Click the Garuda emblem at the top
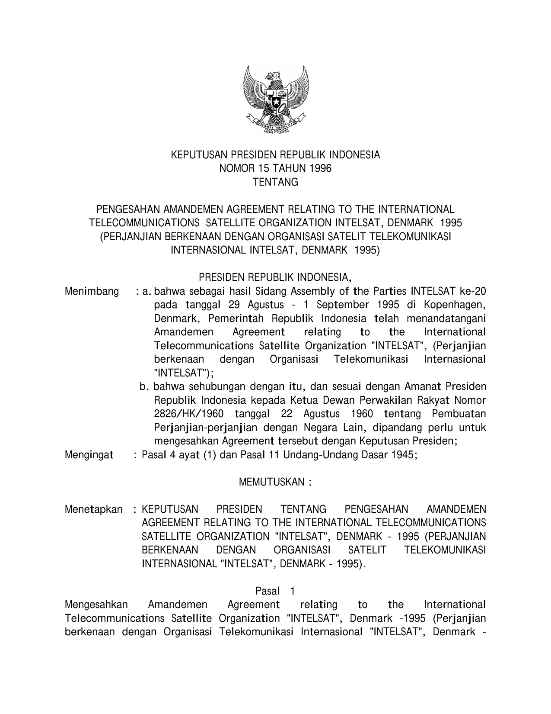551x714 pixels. click(x=276, y=100)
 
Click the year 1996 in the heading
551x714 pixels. click(x=321, y=169)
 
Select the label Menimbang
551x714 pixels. click(x=92, y=291)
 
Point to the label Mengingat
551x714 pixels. click(x=89, y=455)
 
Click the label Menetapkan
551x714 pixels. click(x=93, y=509)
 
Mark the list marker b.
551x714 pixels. click(x=144, y=386)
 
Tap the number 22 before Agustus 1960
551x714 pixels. click(x=287, y=414)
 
